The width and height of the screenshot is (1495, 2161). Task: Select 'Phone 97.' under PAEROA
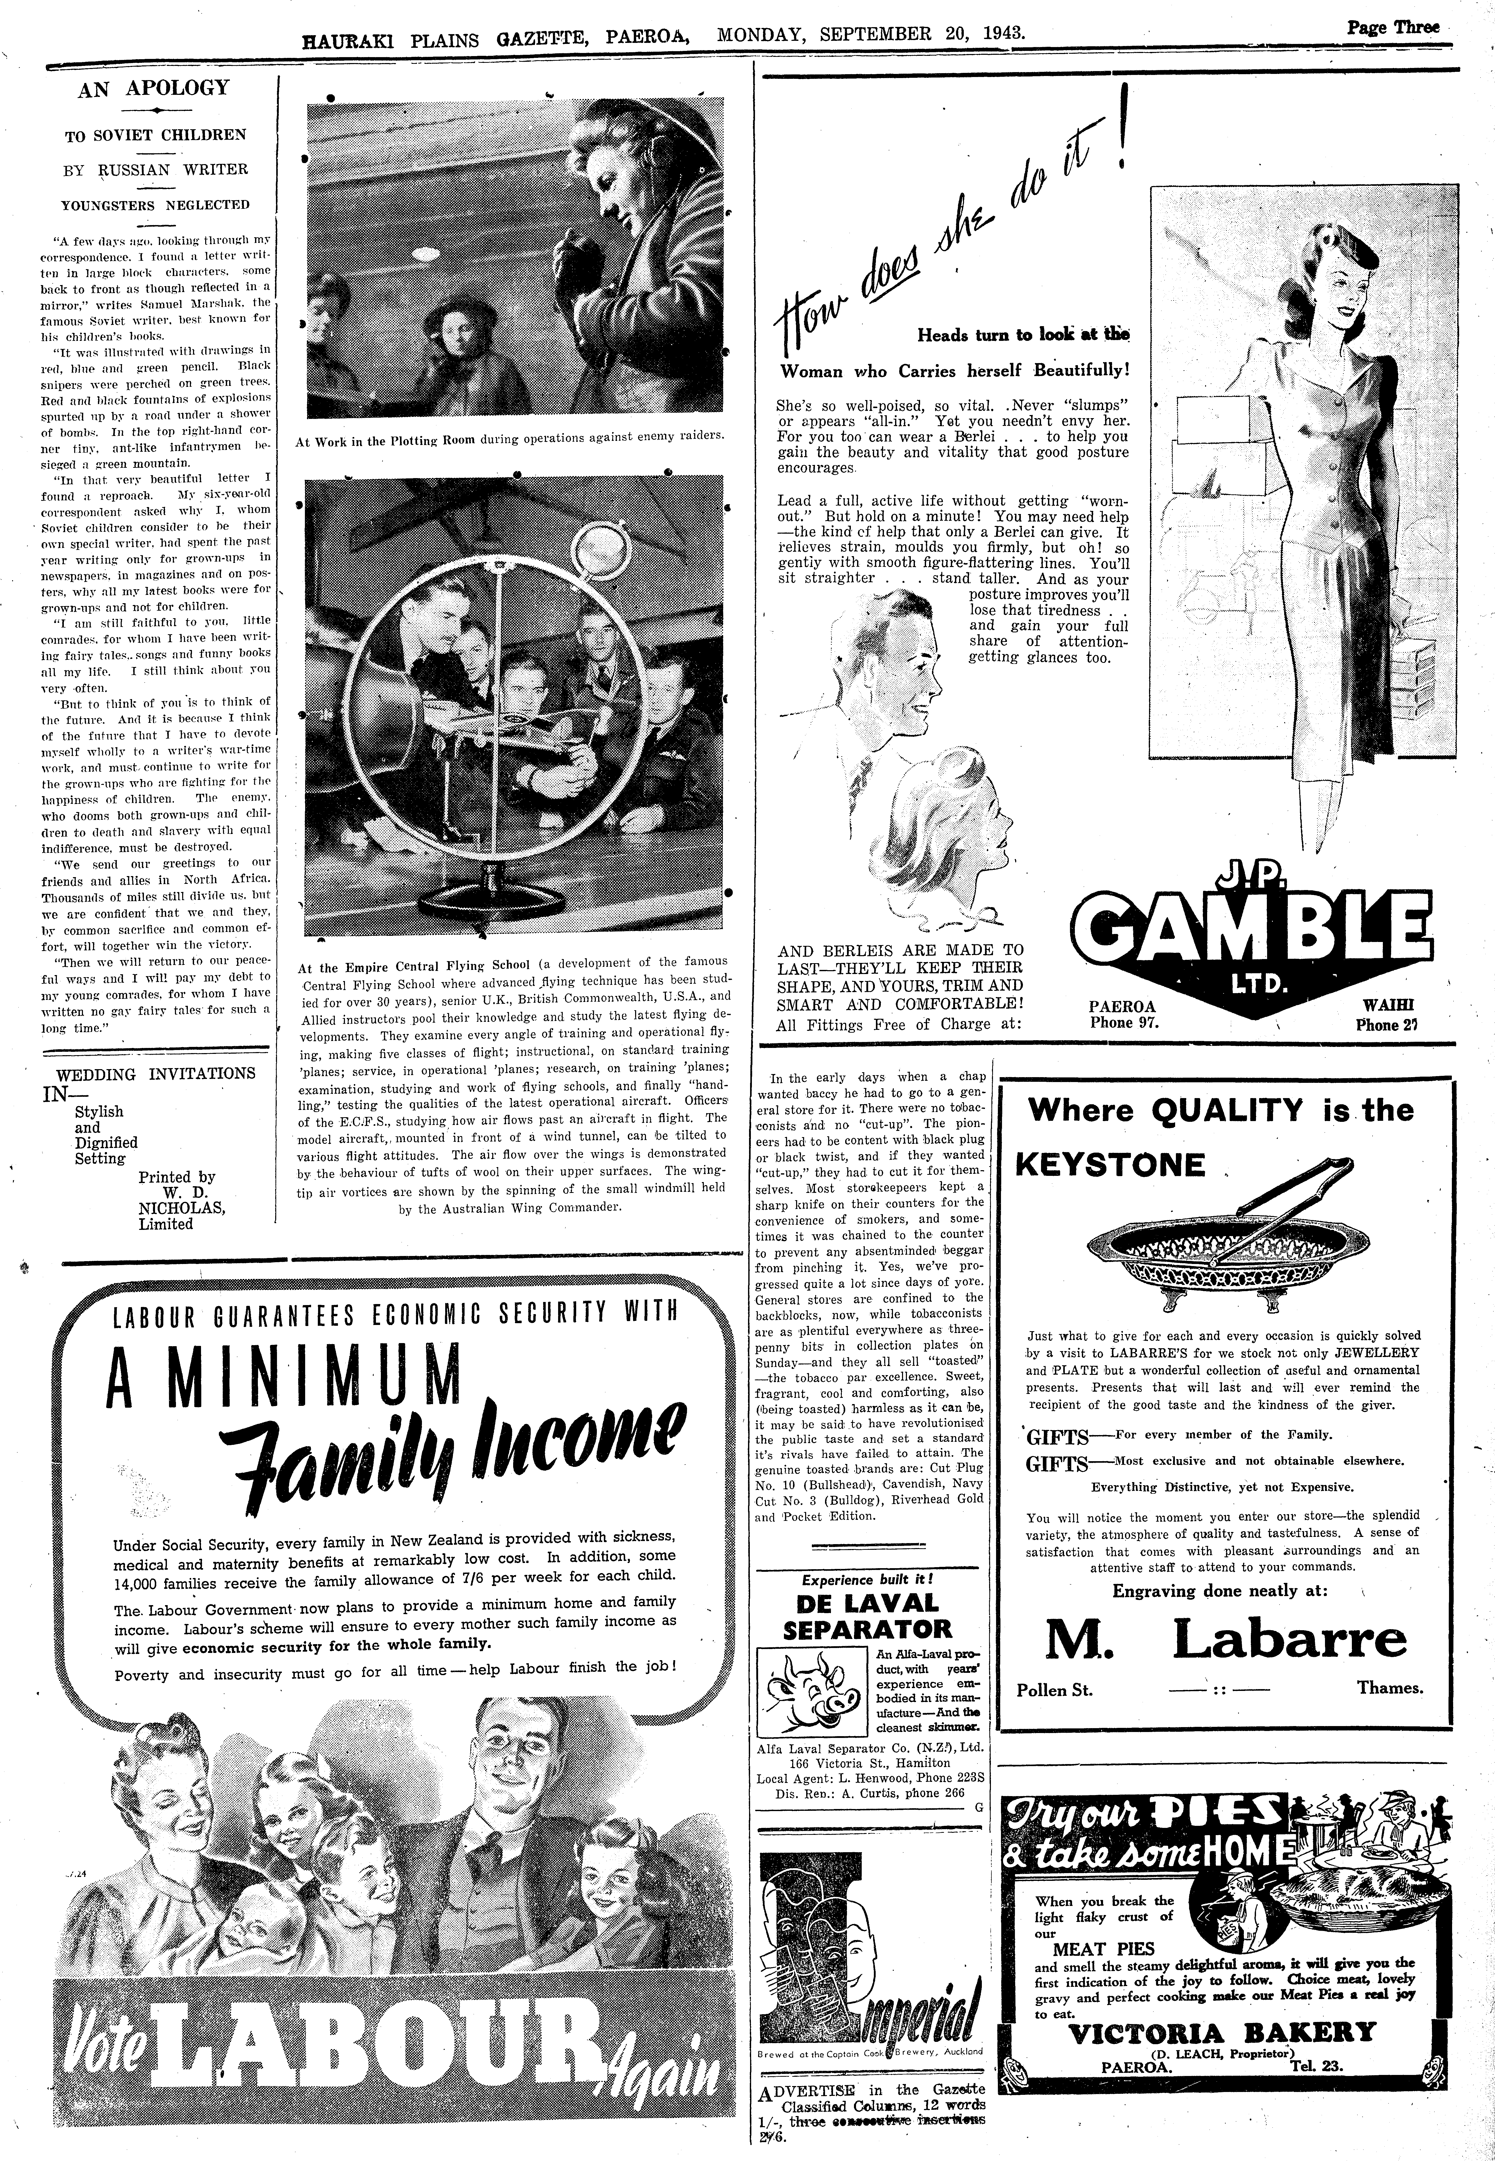coord(1124,1023)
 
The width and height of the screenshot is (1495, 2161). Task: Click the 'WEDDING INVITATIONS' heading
coord(156,1074)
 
